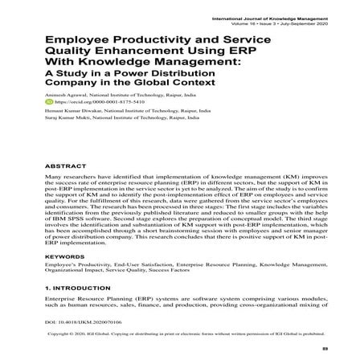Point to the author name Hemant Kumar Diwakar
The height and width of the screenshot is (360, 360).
67,111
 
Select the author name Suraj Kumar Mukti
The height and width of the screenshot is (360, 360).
64,118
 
